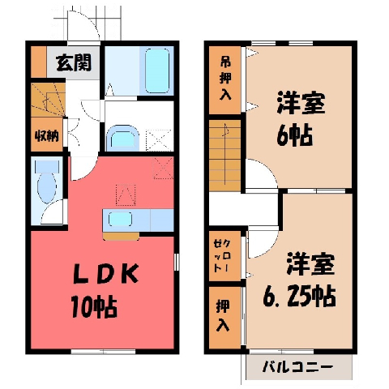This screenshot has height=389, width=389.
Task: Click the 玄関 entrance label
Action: coord(74,62)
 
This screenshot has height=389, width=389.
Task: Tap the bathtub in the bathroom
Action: coord(157,71)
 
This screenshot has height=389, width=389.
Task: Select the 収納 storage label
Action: coord(47,136)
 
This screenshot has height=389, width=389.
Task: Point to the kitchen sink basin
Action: coord(120,219)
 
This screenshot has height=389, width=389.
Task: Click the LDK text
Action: coord(106,273)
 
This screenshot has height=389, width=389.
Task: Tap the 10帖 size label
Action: coord(94,307)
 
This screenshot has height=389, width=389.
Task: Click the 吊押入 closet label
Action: coord(225,79)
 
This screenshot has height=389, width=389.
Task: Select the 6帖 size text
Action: coord(295,135)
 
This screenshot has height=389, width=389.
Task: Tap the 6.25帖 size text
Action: coord(300,296)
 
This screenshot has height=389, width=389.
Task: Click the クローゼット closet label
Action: coord(222,255)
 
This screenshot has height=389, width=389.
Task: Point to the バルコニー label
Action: coord(297,367)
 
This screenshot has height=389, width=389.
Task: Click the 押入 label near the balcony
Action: coord(223,316)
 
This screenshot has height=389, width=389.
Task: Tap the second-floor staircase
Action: coord(224,156)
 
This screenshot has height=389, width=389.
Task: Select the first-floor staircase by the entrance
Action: coord(48,100)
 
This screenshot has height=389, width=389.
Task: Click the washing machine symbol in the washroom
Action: coord(159,140)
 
